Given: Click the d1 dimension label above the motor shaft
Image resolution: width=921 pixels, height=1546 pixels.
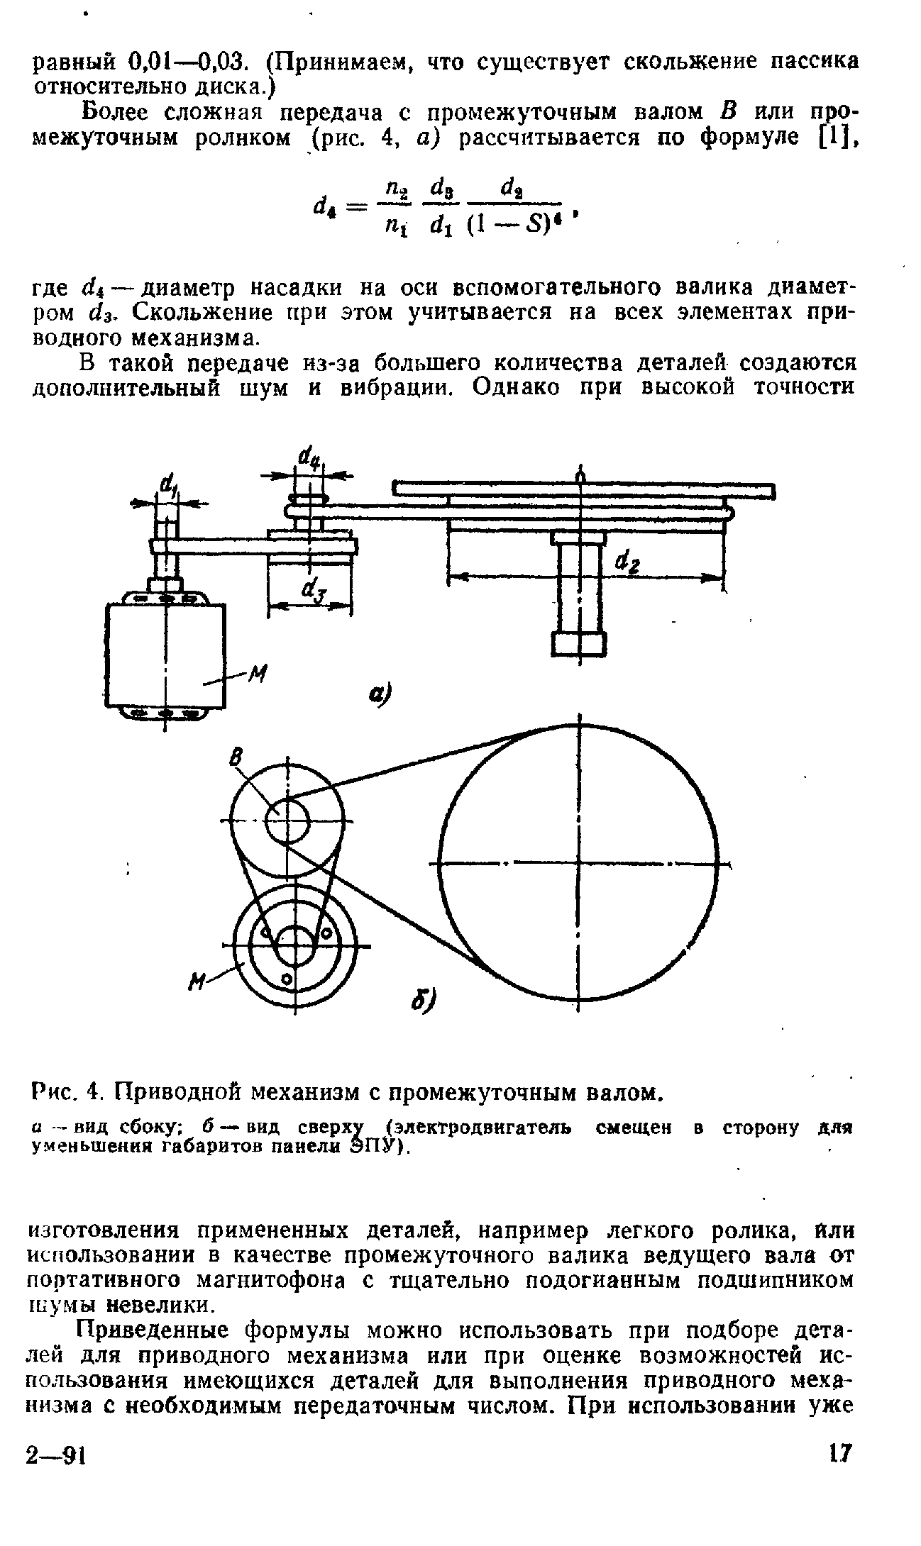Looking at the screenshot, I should [169, 486].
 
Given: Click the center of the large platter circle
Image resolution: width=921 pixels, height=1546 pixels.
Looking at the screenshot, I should [580, 864].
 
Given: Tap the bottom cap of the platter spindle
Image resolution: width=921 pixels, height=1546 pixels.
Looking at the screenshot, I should [578, 644].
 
